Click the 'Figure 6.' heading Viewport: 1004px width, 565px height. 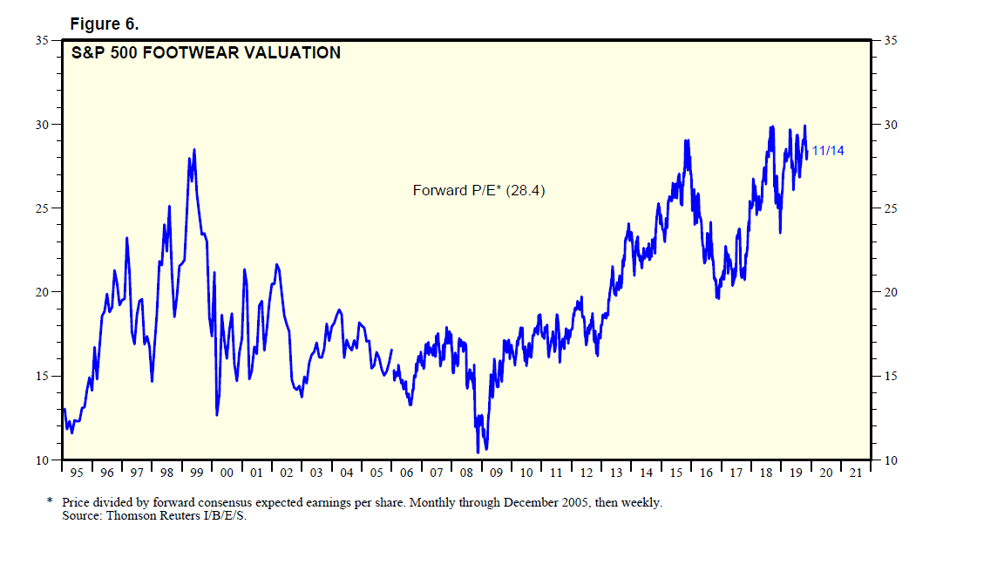[x=104, y=24]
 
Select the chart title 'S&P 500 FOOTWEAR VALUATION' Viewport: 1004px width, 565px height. [x=206, y=53]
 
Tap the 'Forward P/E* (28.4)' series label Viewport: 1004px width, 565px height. [x=478, y=190]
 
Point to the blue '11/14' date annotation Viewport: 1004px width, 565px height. [x=828, y=151]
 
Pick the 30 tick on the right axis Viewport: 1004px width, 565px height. [x=890, y=125]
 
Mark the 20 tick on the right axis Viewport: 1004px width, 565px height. [x=890, y=292]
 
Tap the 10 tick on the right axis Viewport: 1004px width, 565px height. [x=890, y=459]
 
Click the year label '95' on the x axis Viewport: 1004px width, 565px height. [x=77, y=473]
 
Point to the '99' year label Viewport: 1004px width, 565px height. [x=196, y=473]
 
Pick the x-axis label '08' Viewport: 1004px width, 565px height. [x=466, y=473]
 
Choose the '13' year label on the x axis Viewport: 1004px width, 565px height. [x=616, y=473]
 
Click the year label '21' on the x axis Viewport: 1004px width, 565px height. [x=856, y=473]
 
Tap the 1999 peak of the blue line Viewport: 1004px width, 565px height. [x=194, y=150]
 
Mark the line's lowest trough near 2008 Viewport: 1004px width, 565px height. [x=478, y=452]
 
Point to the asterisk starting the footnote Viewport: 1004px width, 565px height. [x=50, y=502]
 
